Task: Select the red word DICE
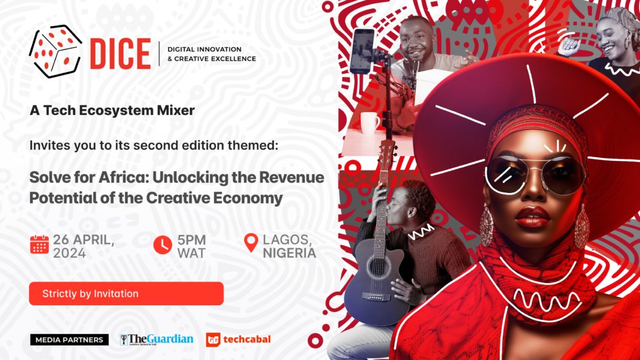[x=119, y=54]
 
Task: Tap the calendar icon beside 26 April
[x=39, y=244]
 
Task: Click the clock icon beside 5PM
[x=162, y=244]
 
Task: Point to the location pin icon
[x=251, y=243]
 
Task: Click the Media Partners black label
[x=69, y=340]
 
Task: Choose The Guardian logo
[x=157, y=339]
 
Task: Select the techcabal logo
[x=238, y=339]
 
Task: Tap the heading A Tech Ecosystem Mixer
[x=112, y=110]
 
